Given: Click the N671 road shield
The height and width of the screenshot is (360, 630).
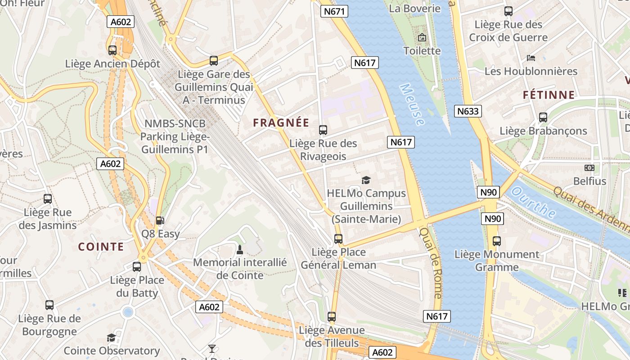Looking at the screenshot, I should pyautogui.click(x=334, y=11).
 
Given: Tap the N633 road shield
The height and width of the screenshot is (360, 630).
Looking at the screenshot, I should pyautogui.click(x=468, y=111).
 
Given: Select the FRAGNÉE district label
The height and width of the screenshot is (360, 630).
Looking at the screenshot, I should pyautogui.click(x=281, y=123).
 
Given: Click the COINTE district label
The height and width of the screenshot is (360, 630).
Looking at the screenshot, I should pyautogui.click(x=101, y=247).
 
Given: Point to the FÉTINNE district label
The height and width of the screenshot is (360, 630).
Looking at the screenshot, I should pyautogui.click(x=549, y=95).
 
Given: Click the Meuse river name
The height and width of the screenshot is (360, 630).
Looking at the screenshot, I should pyautogui.click(x=412, y=104).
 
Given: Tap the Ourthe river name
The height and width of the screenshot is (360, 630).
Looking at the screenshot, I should pyautogui.click(x=534, y=203).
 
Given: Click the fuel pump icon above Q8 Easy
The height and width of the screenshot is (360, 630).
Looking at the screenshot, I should pyautogui.click(x=159, y=220).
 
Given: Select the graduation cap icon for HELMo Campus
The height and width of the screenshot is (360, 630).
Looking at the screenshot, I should pyautogui.click(x=366, y=180).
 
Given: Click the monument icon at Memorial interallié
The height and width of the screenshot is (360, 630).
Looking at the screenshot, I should pyautogui.click(x=239, y=249).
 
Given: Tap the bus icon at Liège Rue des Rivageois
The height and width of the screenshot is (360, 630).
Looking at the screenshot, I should pyautogui.click(x=323, y=130).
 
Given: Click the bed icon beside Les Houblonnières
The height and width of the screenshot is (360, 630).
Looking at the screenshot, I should pyautogui.click(x=531, y=58).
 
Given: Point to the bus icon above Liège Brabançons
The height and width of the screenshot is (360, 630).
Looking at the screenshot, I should pyautogui.click(x=543, y=117).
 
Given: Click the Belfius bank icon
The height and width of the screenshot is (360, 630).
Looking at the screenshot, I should pyautogui.click(x=589, y=168).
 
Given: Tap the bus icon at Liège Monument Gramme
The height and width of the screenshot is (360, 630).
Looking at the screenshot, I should pyautogui.click(x=496, y=241).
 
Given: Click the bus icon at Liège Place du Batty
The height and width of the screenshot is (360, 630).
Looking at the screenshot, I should pyautogui.click(x=137, y=267).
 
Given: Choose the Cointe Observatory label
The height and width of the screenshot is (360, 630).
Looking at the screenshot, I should pyautogui.click(x=112, y=351).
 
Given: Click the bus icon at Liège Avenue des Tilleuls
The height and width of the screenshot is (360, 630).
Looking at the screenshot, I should pyautogui.click(x=332, y=317).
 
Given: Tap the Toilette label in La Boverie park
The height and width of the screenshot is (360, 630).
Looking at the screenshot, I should pyautogui.click(x=422, y=51).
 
